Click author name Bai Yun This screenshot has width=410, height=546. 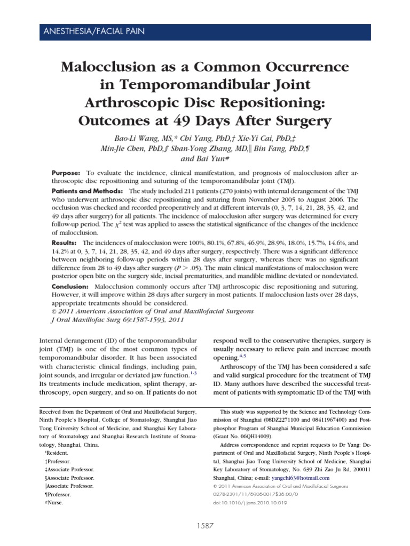(205, 158)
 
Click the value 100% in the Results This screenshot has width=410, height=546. (187, 243)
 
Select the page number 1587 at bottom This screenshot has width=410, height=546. (206, 526)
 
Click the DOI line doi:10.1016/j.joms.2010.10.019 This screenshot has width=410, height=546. (257, 503)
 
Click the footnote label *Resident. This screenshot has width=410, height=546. (55, 452)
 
